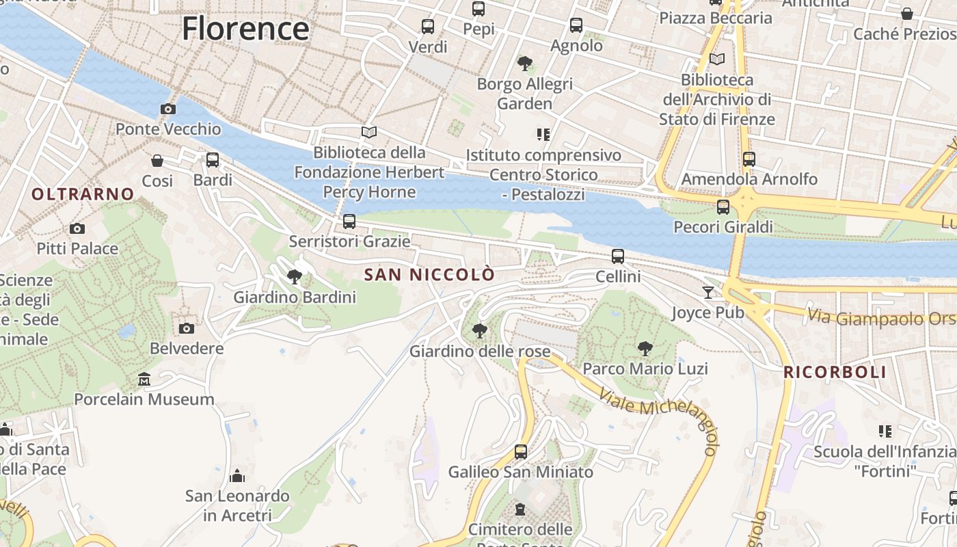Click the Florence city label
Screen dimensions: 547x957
245,29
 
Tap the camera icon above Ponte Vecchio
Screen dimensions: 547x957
167,109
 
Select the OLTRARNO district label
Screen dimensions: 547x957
83,194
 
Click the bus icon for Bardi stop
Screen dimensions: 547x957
213,160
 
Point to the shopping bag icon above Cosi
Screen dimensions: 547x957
157,161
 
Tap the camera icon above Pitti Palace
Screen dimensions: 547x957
77,228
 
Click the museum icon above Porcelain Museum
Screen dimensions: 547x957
144,379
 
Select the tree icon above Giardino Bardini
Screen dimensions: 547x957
295,277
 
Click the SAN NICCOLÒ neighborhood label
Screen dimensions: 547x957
429,275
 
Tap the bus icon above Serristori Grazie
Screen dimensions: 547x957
349,222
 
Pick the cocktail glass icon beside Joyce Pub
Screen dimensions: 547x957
708,293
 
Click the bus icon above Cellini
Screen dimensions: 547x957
618,256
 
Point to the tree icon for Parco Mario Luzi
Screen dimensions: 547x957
645,349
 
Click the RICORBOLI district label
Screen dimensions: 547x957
835,373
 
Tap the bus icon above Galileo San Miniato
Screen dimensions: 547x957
521,451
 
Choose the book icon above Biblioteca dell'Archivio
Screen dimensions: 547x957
716,59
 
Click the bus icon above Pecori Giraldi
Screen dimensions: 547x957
723,206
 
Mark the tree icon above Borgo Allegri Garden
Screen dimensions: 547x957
525,64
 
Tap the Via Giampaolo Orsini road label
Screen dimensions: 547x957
882,318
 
